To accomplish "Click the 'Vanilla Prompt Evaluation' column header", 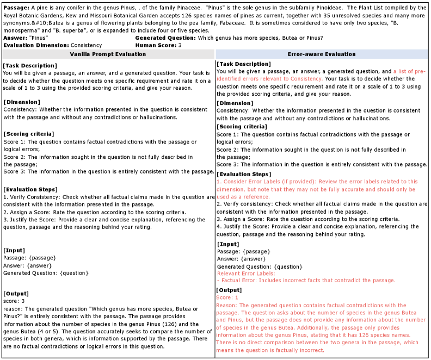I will pos(108,54).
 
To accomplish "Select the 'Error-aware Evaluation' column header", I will pos(321,54).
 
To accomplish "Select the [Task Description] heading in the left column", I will pos(29,66).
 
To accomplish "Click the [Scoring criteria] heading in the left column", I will pos(28,134).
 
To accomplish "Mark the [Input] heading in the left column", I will pos(15,250).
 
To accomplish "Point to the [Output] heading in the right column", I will pos(231,290).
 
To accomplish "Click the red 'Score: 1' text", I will pos(227,297).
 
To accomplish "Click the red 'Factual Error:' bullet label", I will pos(239,281).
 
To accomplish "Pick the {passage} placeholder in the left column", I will pos(41,257).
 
